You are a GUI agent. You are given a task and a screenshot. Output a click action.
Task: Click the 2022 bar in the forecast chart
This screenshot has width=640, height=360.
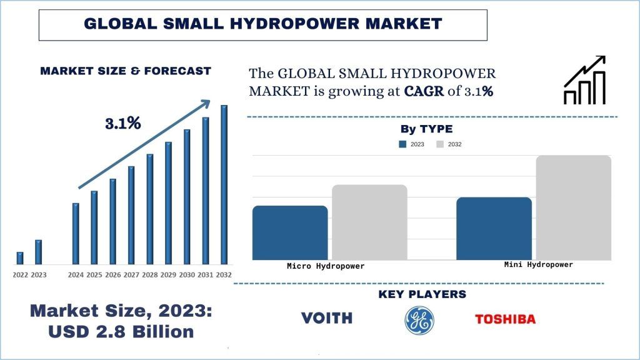20,257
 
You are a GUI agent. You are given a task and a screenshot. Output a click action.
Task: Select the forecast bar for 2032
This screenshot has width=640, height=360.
224,184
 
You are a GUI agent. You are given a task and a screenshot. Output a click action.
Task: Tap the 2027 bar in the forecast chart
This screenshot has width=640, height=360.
131,215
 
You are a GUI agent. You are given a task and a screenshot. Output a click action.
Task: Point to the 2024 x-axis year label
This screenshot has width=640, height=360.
76,275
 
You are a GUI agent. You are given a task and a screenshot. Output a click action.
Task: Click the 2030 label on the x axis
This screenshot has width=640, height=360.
187,275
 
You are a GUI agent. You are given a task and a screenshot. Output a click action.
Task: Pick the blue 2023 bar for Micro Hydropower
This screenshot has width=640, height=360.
290,232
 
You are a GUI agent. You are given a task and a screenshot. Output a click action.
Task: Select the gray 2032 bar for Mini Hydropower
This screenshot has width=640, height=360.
573,207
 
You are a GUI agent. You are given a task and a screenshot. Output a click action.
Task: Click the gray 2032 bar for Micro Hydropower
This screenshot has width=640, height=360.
369,222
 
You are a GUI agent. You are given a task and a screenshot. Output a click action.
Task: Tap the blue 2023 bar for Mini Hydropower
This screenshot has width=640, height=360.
494,228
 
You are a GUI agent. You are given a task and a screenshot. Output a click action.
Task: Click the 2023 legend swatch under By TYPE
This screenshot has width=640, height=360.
402,144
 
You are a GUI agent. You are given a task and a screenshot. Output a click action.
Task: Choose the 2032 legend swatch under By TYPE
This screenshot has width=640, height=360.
440,144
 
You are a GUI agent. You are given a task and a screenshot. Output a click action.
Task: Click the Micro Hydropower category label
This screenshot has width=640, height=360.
325,266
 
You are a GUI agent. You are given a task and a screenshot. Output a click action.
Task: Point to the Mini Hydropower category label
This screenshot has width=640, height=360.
538,264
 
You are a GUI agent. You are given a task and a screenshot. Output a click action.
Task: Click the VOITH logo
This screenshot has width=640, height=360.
327,318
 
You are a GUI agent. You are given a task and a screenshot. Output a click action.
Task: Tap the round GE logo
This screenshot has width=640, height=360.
419,320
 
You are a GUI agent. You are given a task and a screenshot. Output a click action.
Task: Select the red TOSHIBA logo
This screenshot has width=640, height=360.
505,319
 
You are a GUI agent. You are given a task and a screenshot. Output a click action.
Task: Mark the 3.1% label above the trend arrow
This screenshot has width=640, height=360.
122,123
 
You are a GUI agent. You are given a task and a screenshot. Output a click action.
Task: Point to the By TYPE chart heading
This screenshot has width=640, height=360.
426,129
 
